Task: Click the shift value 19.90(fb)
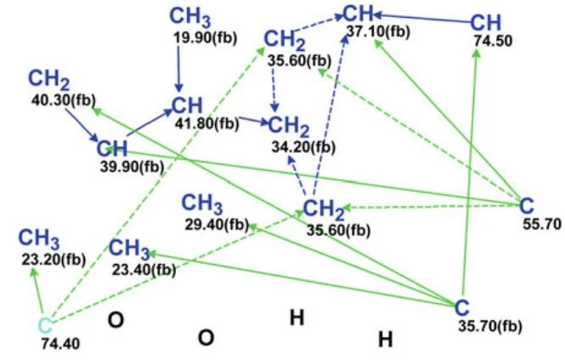coord(206,38)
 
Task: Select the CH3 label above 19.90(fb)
coord(190,17)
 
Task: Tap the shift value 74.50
coord(493,41)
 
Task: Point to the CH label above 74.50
coord(485,22)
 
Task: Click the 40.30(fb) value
coord(64,100)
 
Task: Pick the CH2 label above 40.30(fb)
coord(48,80)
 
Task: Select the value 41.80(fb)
coord(207,123)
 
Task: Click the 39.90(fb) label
coord(133,166)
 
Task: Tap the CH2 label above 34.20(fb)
coord(289,127)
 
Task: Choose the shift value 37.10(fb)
coord(378,31)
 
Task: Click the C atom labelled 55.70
coord(527,206)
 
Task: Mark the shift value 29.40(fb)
coord(218,225)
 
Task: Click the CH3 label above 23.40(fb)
coord(129,249)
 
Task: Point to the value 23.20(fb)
coord(54,259)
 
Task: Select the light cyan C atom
coord(45,326)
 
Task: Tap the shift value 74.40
coord(60,344)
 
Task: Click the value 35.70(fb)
coord(490,326)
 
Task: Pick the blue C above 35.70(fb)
coord(462,307)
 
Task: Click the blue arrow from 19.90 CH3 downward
coord(178,69)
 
